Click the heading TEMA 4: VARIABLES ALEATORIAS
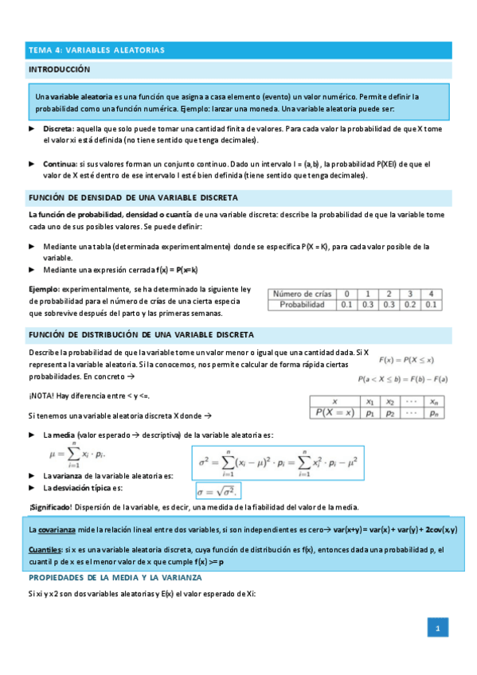96,50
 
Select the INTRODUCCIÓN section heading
59,70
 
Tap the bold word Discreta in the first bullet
58,129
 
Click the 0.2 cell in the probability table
409,304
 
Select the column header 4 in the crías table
430,294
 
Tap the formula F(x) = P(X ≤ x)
412,358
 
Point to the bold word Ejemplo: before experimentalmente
44,289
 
